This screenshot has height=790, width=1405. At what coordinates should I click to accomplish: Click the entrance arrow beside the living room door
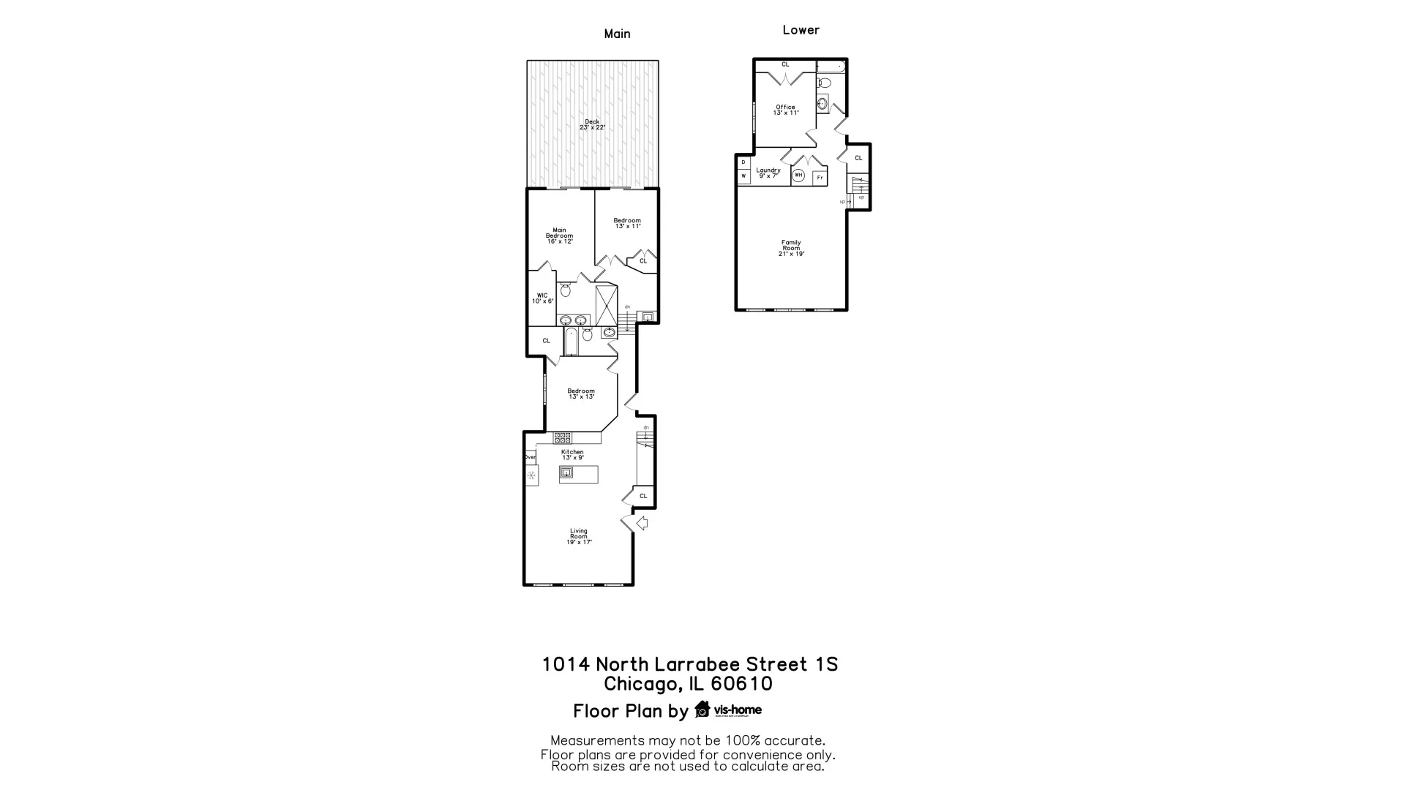[x=642, y=523]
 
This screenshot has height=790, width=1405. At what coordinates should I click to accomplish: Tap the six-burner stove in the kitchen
[x=562, y=437]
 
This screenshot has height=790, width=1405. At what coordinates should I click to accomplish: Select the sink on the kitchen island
[x=566, y=473]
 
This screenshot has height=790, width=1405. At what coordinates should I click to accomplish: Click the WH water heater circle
[x=798, y=176]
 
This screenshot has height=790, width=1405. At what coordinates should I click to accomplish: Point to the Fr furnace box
[x=820, y=178]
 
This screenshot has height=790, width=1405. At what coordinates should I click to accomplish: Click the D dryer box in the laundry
[x=743, y=162]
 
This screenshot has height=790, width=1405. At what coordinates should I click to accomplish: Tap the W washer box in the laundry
[x=743, y=176]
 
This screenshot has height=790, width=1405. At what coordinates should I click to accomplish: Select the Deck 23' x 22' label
[x=592, y=124]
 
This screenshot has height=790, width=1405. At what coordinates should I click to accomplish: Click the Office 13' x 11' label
[x=785, y=110]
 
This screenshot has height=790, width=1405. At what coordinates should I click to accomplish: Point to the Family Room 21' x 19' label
[x=791, y=248]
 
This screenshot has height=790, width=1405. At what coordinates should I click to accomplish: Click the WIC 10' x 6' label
[x=542, y=298]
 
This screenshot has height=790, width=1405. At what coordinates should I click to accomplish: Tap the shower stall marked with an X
[x=607, y=305]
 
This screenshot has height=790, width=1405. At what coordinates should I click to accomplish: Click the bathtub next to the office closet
[x=831, y=67]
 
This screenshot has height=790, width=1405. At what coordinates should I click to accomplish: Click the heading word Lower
[x=801, y=30]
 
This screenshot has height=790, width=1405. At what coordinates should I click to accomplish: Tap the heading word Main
[x=617, y=34]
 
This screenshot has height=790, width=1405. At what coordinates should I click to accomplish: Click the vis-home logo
[x=728, y=710]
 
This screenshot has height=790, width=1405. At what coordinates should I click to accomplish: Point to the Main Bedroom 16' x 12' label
[x=559, y=236]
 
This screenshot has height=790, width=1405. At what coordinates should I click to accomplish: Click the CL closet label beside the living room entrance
[x=643, y=496]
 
